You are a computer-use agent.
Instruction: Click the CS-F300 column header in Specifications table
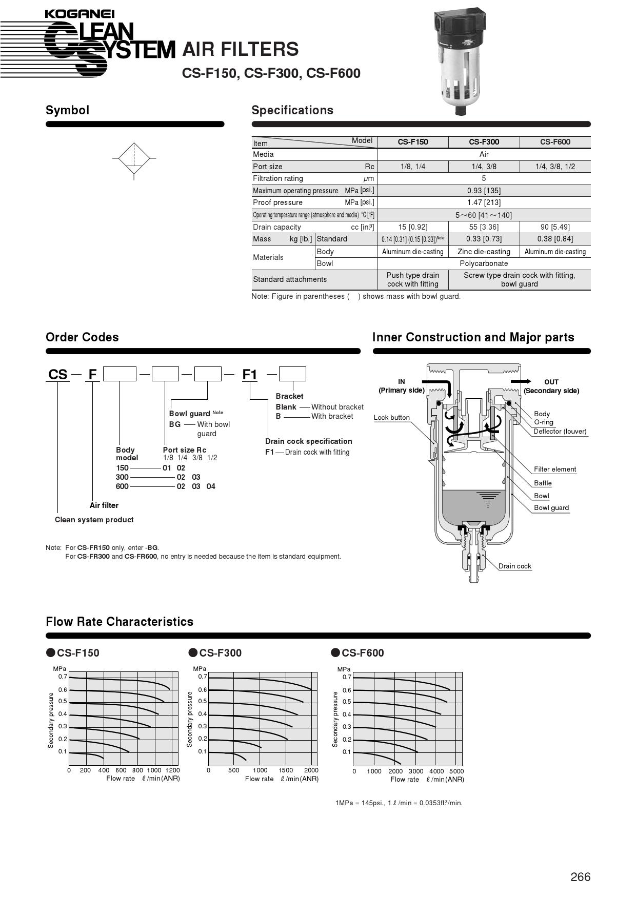pyautogui.click(x=484, y=142)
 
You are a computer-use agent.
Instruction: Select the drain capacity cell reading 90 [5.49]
pyautogui.click(x=555, y=227)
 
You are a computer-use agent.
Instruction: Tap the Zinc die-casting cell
pyautogui.click(x=484, y=252)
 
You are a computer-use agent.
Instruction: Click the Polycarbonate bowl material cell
pyautogui.click(x=484, y=263)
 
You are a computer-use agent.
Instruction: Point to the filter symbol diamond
pyautogui.click(x=134, y=158)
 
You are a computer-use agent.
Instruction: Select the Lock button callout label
pyautogui.click(x=392, y=417)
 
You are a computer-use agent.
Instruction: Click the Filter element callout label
pyautogui.click(x=554, y=469)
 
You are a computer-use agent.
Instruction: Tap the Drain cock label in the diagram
pyautogui.click(x=514, y=566)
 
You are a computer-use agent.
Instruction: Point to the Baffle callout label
pyautogui.click(x=543, y=483)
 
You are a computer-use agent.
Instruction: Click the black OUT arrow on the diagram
pyautogui.click(x=521, y=381)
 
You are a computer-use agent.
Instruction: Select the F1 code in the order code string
pyautogui.click(x=249, y=375)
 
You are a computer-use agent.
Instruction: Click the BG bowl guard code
pyautogui.click(x=175, y=424)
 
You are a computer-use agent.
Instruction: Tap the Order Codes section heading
pyautogui.click(x=82, y=337)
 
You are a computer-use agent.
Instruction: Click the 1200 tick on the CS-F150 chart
pyautogui.click(x=173, y=770)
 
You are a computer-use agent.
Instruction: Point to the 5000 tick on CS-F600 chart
pyautogui.click(x=456, y=771)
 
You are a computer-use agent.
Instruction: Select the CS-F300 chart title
pyautogui.click(x=220, y=652)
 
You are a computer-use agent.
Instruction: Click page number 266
pyautogui.click(x=580, y=877)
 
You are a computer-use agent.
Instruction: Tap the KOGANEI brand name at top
pyautogui.click(x=79, y=14)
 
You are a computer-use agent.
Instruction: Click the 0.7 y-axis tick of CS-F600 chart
pyautogui.click(x=347, y=677)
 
